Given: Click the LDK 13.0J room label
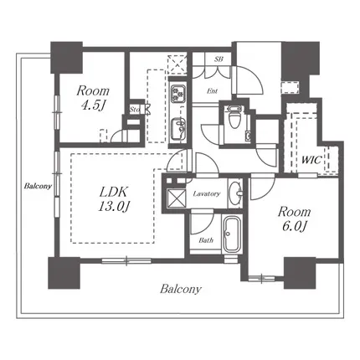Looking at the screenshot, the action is [115, 199].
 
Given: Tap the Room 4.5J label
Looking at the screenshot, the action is [93, 98].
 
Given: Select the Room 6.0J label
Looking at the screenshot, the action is [294, 219].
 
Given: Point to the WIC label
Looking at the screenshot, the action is [311, 160].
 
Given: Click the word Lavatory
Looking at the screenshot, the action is [207, 193].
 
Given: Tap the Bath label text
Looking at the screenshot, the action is [206, 240].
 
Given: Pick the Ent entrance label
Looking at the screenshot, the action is [212, 91].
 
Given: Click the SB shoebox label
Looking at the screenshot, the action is [219, 59].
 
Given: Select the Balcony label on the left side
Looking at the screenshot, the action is [38, 186].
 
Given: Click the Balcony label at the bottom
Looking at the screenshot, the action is [181, 289].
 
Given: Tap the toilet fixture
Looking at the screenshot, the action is [234, 117].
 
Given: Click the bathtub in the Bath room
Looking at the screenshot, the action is [233, 234].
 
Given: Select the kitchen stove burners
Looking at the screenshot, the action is [177, 92].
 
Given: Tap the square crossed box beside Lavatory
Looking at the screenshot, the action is [176, 198].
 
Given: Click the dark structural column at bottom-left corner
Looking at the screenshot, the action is [64, 273].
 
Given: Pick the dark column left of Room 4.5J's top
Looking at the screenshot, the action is [66, 58].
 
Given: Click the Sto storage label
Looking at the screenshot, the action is [135, 110].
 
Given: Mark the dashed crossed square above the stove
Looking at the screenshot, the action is [177, 64].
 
